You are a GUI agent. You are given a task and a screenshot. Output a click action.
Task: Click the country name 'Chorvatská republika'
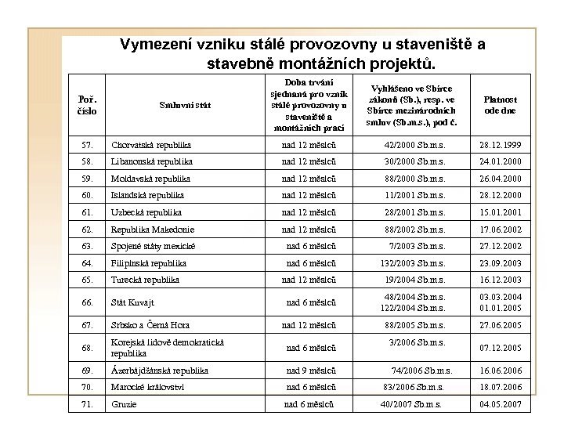pos(153,145)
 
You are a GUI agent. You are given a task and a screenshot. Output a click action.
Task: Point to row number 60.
pos(89,193)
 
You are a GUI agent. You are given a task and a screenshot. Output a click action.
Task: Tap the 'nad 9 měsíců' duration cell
pos(311,371)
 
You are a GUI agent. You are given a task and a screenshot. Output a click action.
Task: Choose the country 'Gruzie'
pos(124,403)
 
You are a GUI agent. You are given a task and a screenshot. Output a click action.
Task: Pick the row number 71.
pos(89,403)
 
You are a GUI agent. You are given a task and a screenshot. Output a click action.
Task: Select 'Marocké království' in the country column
pos(149,387)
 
